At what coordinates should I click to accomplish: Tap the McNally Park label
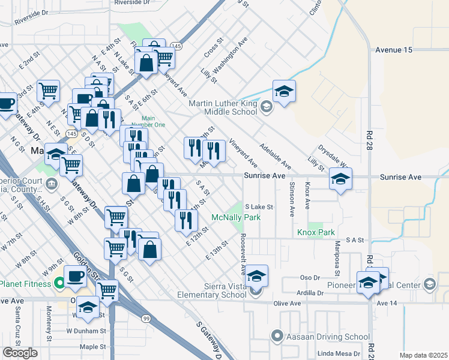[237, 217]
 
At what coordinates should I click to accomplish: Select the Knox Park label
[315, 232]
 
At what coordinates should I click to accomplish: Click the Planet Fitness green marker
[59, 283]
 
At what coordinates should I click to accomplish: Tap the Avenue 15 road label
[393, 50]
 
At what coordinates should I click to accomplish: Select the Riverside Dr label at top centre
[132, 2]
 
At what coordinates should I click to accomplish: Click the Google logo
[20, 352]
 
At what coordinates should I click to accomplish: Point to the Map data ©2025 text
[423, 355]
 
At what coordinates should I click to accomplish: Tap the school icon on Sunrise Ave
[340, 179]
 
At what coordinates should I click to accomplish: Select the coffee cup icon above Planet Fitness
[76, 276]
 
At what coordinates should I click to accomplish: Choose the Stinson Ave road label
[292, 199]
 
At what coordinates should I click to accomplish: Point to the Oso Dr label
[309, 278]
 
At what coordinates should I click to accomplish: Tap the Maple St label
[92, 347]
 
